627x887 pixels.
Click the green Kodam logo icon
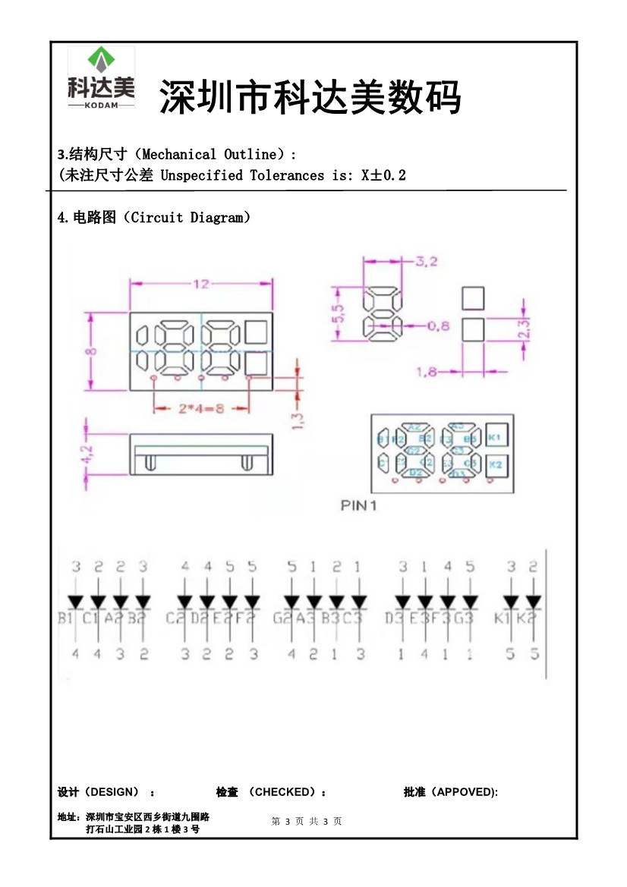click(101, 60)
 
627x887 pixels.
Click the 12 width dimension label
click(200, 285)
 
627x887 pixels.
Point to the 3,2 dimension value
click(426, 262)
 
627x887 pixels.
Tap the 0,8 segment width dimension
click(438, 326)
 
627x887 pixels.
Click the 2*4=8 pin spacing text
click(201, 409)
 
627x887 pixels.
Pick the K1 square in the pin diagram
click(494, 438)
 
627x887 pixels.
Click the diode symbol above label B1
click(76, 602)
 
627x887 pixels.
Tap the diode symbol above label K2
click(534, 602)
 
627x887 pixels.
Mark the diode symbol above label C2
click(184, 602)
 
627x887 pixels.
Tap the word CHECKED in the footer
click(283, 792)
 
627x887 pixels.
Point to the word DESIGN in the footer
click(114, 792)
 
